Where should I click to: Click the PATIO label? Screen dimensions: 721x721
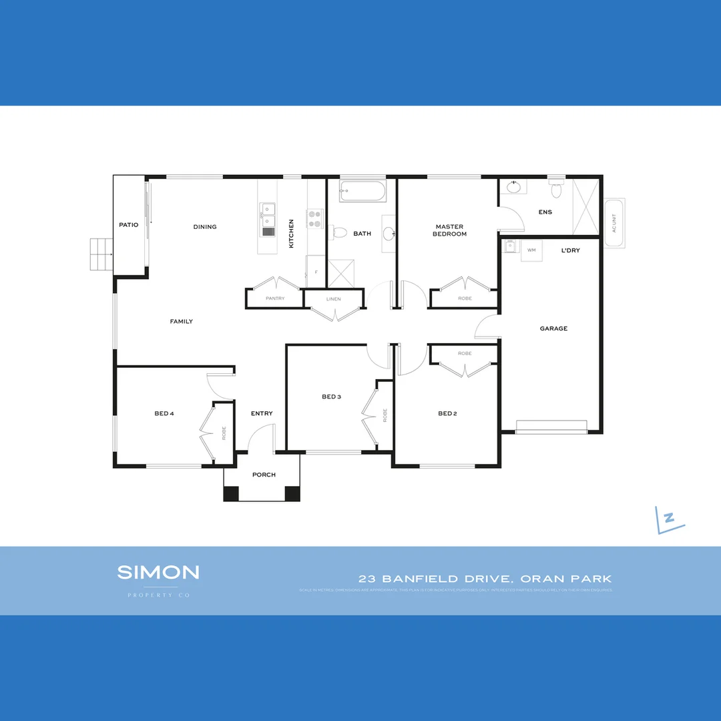(x=129, y=225)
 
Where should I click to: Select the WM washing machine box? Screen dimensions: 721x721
(x=531, y=250)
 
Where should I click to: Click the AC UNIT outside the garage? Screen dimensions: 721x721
(x=614, y=223)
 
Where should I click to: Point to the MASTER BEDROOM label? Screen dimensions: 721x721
(x=449, y=230)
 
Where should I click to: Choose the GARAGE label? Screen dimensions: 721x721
(x=553, y=328)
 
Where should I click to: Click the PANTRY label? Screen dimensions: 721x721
(x=275, y=298)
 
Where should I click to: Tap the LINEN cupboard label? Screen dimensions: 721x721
(x=334, y=299)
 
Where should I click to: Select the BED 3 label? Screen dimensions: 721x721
(x=331, y=397)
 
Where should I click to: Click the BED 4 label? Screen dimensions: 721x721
(x=164, y=413)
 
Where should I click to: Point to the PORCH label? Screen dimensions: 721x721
(x=264, y=475)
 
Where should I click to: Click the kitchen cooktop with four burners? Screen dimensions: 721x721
(x=315, y=218)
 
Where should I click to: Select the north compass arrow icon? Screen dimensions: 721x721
(x=670, y=519)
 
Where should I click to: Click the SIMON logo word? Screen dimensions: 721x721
(x=158, y=572)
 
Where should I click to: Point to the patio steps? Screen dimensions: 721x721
(x=101, y=254)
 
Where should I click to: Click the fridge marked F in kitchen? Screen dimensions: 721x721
(x=316, y=272)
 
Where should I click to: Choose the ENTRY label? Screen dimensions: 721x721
(x=262, y=413)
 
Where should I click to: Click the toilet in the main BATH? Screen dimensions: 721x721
(x=339, y=232)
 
